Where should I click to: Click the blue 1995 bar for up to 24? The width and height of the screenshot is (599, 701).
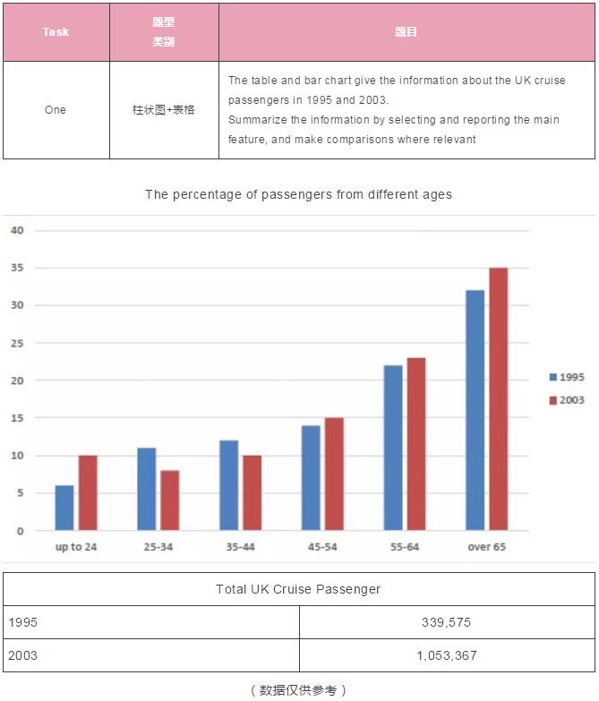point(64,508)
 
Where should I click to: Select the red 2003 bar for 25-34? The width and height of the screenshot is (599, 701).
point(170,500)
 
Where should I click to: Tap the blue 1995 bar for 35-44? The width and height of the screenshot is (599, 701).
point(229,485)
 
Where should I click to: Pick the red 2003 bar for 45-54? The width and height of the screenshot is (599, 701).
point(334,474)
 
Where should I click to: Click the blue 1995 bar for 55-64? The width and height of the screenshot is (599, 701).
point(393,448)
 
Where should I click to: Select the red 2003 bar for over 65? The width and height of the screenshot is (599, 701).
point(499,399)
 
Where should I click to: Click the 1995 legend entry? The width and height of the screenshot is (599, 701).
point(567,377)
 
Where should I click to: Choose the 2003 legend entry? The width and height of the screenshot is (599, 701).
point(567,399)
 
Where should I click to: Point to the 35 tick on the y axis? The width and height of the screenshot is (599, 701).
point(17,268)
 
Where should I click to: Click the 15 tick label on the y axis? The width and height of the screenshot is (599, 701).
point(17,418)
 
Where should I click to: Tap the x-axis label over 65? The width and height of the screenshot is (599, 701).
point(487,547)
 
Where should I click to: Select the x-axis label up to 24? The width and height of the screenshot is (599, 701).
point(76,547)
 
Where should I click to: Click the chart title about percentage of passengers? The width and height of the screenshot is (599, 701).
point(299,194)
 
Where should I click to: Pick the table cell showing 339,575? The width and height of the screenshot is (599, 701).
point(446,622)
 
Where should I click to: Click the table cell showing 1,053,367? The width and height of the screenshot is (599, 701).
point(447,655)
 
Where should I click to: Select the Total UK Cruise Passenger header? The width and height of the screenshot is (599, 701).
point(298,589)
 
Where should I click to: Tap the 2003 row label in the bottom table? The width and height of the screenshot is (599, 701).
point(22,655)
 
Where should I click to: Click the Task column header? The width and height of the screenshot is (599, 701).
point(56,31)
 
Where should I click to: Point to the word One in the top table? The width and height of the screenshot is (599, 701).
point(56,110)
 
